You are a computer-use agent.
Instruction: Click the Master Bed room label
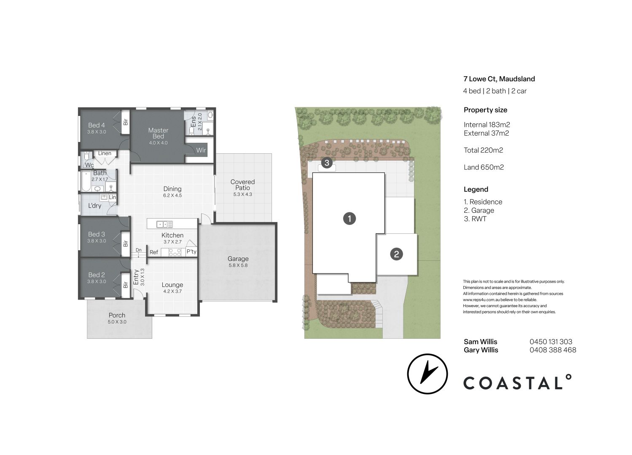[158, 133]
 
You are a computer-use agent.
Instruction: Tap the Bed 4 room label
[97, 125]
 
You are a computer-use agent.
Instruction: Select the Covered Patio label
[242, 185]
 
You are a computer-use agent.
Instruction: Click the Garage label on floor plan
[238, 259]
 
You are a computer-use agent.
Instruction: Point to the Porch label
[117, 315]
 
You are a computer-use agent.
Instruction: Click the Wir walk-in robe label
[201, 150]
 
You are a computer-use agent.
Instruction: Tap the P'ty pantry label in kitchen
[191, 252]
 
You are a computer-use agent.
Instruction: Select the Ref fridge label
[154, 252]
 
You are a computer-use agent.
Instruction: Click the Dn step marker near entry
[138, 250]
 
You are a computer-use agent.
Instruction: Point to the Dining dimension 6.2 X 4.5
[172, 195]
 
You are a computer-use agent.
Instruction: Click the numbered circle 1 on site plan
[349, 218]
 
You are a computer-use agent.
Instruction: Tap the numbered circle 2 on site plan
[396, 254]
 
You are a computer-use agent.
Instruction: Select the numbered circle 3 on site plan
[327, 162]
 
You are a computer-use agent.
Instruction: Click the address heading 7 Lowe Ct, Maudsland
[499, 79]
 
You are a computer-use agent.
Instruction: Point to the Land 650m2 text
[484, 167]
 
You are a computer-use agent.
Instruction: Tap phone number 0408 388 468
[553, 350]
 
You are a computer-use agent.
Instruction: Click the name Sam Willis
[480, 342]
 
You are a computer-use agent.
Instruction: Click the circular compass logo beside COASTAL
[427, 374]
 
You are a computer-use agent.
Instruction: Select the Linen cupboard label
[105, 153]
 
